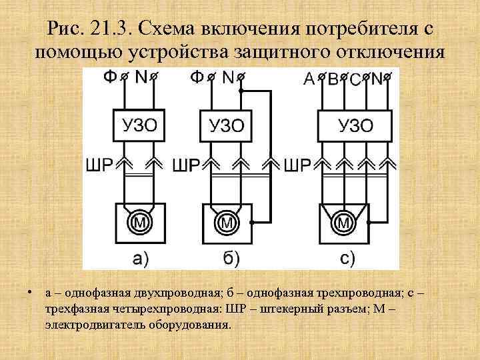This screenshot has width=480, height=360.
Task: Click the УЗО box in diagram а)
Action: pyautogui.click(x=138, y=125)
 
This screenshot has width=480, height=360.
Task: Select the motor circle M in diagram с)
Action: pyautogui.click(x=345, y=223)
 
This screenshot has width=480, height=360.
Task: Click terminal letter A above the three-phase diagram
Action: pyautogui.click(x=309, y=79)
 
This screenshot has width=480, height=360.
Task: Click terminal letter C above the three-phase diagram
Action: pyautogui.click(x=355, y=80)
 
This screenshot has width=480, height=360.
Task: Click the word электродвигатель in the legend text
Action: pyautogui.click(x=83, y=327)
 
